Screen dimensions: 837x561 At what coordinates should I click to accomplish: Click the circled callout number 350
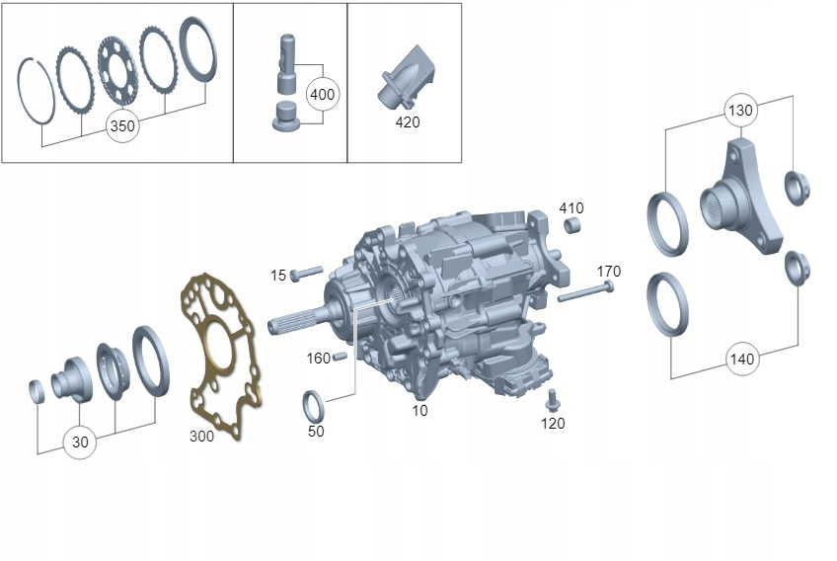pos(122,126)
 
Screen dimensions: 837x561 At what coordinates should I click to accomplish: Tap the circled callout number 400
pos(323,95)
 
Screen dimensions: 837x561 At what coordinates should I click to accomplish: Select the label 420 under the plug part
pos(408,122)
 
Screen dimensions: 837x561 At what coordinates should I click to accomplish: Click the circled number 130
pos(741,111)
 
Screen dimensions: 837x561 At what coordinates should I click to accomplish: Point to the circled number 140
pos(742,359)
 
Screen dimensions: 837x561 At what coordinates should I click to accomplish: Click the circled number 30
pos(80,442)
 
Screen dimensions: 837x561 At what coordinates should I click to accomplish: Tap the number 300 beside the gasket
pos(201,437)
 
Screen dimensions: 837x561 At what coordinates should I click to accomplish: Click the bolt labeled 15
pos(306,273)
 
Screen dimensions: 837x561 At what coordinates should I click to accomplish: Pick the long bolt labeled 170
pos(585,291)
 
